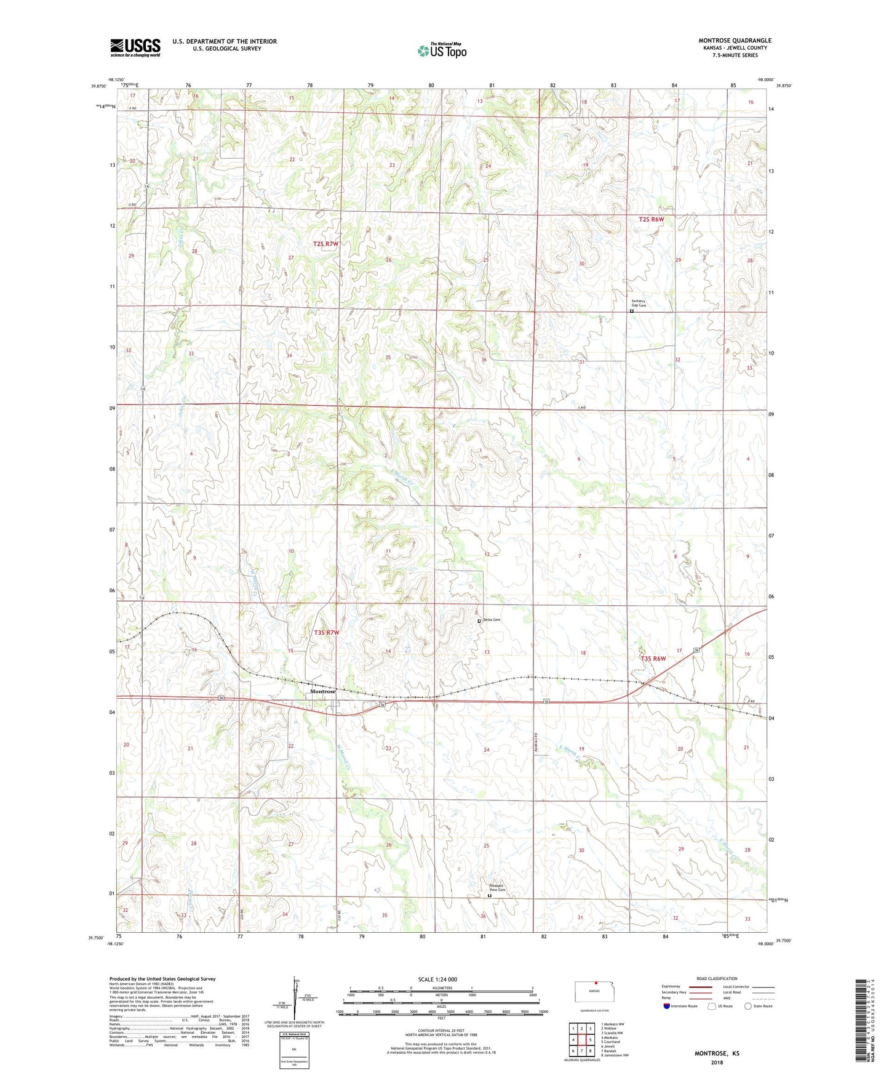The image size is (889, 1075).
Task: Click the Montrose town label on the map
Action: [323, 691]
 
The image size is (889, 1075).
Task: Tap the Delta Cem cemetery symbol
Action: [479, 621]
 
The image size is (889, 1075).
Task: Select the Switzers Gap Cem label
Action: [639, 303]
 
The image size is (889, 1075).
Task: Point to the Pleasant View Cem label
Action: [496, 887]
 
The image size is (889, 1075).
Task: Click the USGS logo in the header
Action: [135, 47]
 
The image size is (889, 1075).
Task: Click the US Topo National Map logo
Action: [442, 50]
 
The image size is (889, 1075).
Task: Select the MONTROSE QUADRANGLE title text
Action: [735, 41]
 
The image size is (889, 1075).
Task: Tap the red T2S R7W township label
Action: [325, 244]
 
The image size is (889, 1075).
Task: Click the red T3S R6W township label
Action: [653, 658]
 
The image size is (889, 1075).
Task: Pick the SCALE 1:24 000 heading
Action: [437, 979]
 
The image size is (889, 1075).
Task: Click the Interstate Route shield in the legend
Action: [667, 1006]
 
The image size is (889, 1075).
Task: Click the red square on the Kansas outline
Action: [596, 983]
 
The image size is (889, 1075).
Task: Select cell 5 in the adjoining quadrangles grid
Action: [590, 1040]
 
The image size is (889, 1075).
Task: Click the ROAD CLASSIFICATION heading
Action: [717, 978]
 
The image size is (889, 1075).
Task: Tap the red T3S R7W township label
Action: [327, 632]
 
